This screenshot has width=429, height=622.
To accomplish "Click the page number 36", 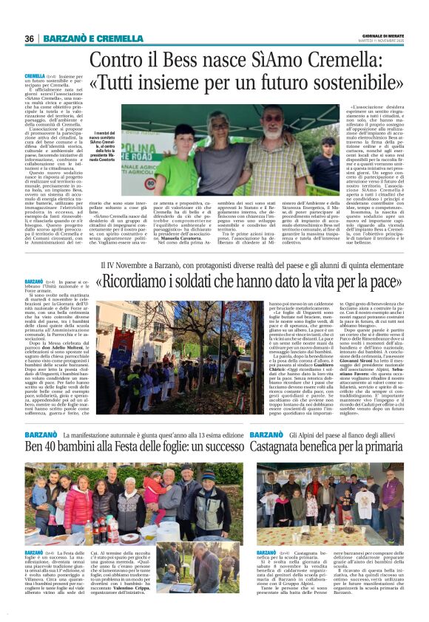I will (x=29, y=38).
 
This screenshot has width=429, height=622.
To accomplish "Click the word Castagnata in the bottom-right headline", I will (x=281, y=446).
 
